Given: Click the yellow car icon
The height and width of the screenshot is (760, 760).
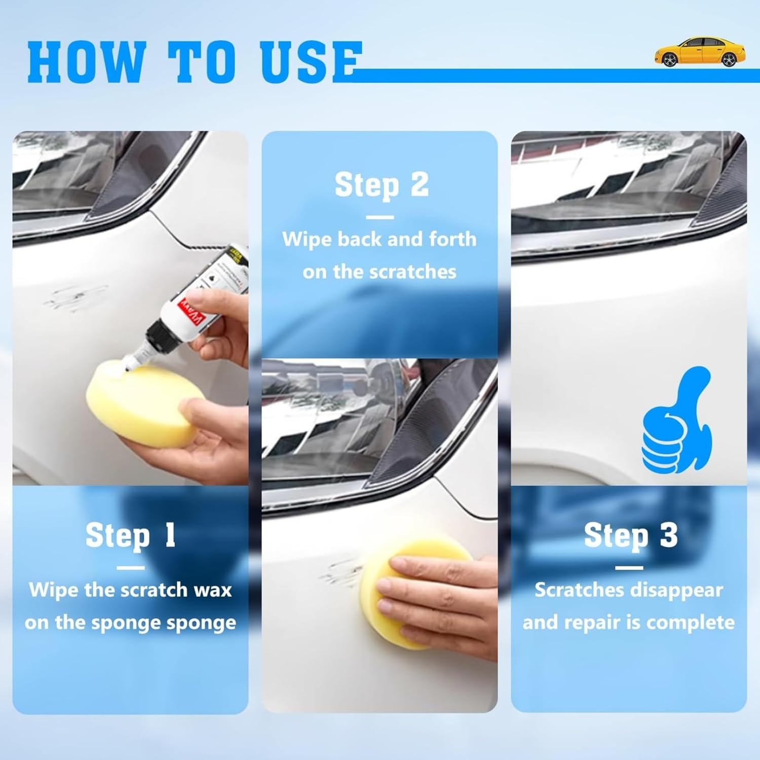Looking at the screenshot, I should coord(700,52).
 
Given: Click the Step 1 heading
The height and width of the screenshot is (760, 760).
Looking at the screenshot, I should coord(130,536).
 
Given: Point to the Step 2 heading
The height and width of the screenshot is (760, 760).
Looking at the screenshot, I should coord(381,185).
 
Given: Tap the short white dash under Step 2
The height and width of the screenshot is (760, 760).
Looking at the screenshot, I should coord(379,217).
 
